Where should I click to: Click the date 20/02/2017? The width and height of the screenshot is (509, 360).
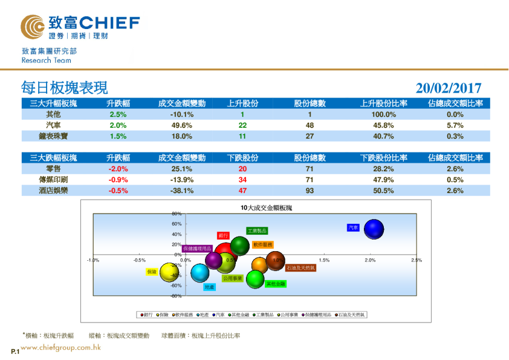[x=449, y=88]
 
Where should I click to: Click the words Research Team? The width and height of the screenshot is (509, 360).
[x=46, y=61]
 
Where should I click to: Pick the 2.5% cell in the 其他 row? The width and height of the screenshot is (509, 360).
[x=118, y=114]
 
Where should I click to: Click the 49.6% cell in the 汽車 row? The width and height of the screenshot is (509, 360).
[x=181, y=125]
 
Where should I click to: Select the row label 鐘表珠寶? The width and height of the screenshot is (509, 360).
[x=53, y=136]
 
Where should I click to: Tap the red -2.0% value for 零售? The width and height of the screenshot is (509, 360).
[x=118, y=169]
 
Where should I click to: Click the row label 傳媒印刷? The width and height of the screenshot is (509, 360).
[x=53, y=180]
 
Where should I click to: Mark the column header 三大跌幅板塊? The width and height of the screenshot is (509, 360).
[x=53, y=158]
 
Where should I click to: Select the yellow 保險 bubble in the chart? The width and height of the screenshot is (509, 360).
[x=167, y=273]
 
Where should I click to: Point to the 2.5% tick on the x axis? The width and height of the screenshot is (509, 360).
[x=416, y=260]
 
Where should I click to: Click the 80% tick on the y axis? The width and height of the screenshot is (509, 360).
[x=177, y=214]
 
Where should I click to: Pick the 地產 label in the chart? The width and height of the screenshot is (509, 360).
[x=209, y=287]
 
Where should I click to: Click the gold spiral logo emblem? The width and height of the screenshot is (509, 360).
[x=31, y=26]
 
